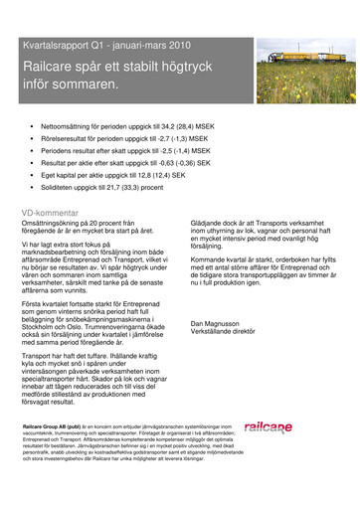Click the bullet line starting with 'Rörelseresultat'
point(130,143)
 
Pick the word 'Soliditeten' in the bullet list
point(61,186)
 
